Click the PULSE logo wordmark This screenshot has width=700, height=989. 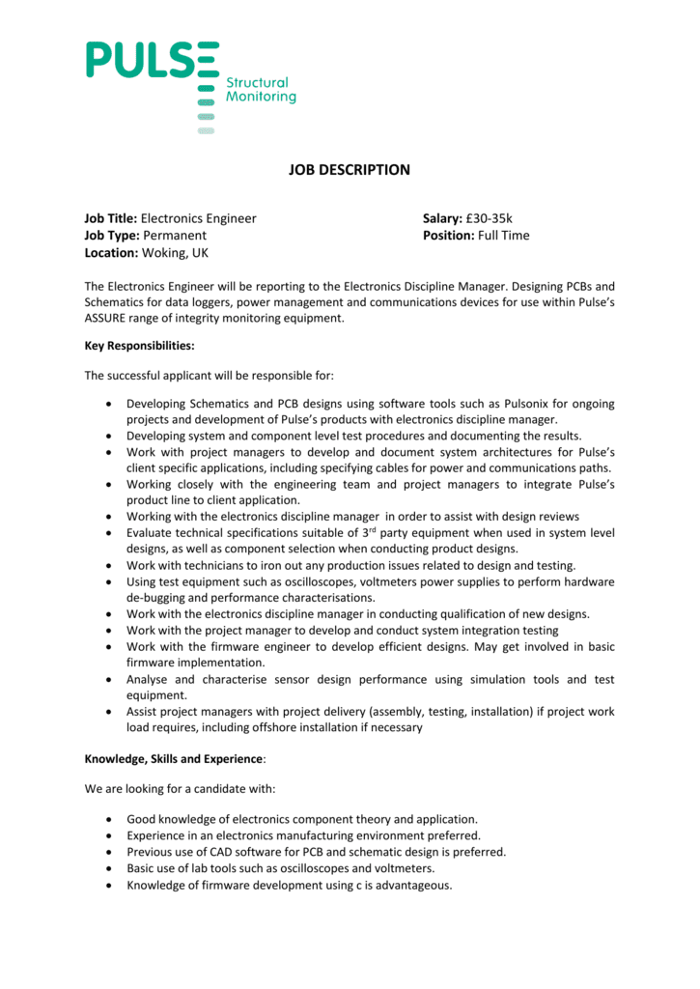(x=153, y=60)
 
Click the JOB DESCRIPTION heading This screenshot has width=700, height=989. (x=350, y=170)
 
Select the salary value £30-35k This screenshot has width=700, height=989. (x=489, y=218)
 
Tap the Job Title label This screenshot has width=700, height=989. (x=111, y=218)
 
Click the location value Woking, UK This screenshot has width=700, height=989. (x=175, y=253)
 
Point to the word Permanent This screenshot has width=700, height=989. (x=175, y=236)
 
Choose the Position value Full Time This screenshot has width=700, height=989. (x=504, y=236)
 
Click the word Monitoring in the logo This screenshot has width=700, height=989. (x=261, y=98)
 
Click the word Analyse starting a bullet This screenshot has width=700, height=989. (x=151, y=680)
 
